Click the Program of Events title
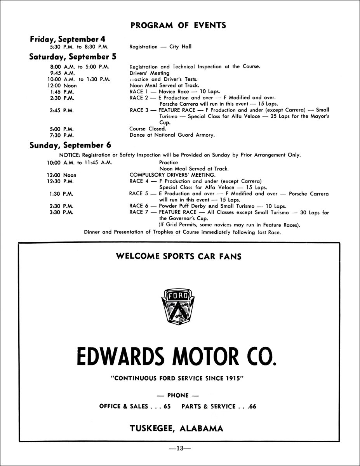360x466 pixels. [178, 26]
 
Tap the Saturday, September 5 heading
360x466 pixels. [73, 57]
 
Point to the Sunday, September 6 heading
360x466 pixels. [70, 145]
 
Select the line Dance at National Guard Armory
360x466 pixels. [172, 135]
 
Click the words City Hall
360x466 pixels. [180, 47]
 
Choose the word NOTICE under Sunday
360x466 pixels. [70, 155]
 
